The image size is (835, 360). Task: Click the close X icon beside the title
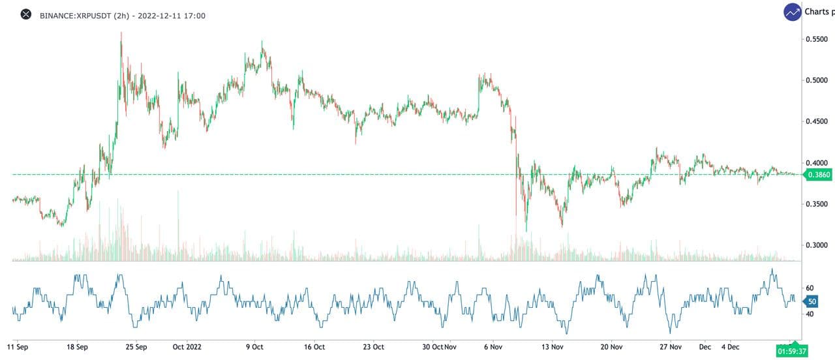(26, 14)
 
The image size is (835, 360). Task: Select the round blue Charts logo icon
(793, 12)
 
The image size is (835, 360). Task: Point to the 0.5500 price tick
(817, 39)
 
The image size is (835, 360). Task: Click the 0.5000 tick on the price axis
(817, 80)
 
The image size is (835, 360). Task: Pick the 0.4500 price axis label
(817, 121)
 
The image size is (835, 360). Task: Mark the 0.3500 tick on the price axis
(817, 204)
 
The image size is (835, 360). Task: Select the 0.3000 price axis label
(817, 245)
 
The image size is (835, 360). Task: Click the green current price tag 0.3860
(818, 175)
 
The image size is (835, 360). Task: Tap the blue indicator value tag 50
(812, 301)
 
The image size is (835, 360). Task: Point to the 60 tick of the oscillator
(810, 288)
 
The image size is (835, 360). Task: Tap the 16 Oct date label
(314, 346)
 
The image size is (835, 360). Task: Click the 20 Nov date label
(612, 346)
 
